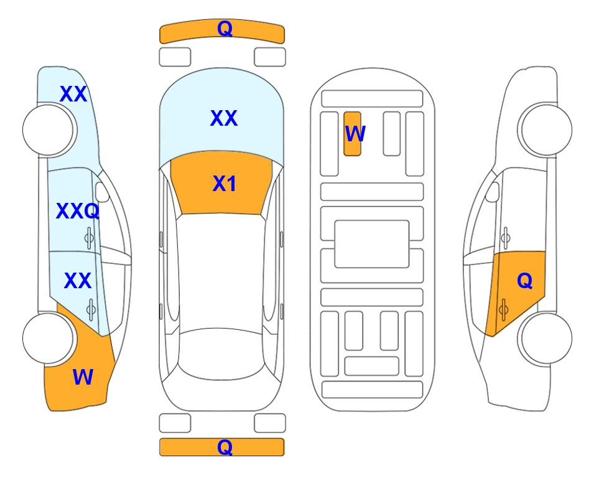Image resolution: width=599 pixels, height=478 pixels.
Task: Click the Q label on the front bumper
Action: (x=225, y=29)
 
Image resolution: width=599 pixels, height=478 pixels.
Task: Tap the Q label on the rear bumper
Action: (x=225, y=447)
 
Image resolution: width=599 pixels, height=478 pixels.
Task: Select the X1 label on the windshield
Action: (x=225, y=184)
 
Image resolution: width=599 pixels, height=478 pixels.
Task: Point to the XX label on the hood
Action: (x=224, y=118)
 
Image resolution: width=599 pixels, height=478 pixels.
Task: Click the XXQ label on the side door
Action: (x=78, y=211)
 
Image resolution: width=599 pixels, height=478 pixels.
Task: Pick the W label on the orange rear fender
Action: (x=83, y=377)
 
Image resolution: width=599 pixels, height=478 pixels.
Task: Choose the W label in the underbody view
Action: (x=355, y=133)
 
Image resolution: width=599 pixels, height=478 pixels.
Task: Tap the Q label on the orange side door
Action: (x=524, y=281)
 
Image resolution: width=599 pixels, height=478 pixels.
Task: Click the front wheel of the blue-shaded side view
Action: (x=48, y=130)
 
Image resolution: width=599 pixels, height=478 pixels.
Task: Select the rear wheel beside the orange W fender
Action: (x=48, y=338)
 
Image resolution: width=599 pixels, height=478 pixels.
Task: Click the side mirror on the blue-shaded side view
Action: (x=101, y=192)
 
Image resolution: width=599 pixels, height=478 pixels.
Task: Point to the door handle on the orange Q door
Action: (x=503, y=309)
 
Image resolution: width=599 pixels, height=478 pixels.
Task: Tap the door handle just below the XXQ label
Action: (x=89, y=238)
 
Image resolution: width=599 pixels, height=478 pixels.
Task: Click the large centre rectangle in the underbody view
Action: (x=372, y=244)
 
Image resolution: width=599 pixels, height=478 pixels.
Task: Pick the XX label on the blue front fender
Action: (x=73, y=94)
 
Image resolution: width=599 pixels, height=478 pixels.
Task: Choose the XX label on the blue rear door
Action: (x=78, y=281)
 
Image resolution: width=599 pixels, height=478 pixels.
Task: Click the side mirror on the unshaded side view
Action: (x=493, y=192)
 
